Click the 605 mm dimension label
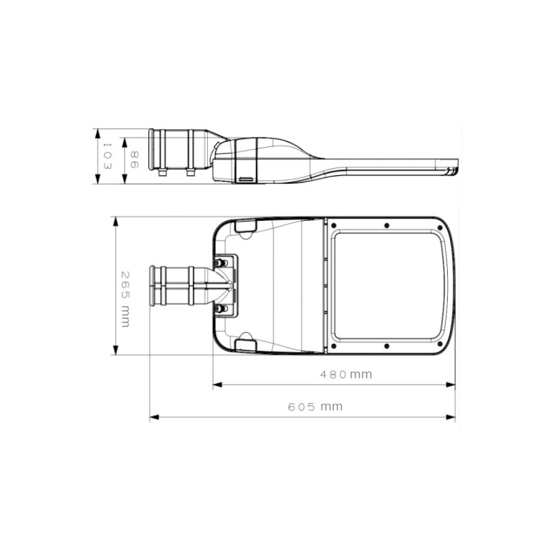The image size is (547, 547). coord(315,407)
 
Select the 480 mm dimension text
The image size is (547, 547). coord(346,375)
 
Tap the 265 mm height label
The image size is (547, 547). coord(125,299)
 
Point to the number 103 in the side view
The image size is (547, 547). coord(107,156)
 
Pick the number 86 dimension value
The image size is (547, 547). coord(134,159)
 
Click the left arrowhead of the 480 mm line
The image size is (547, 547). coord(217,385)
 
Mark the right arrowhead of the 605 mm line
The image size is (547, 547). coord(451,417)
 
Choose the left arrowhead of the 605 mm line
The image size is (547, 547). coord(155,417)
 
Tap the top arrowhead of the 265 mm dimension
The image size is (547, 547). coord(116,222)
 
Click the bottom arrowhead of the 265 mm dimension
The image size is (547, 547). coord(116,350)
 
